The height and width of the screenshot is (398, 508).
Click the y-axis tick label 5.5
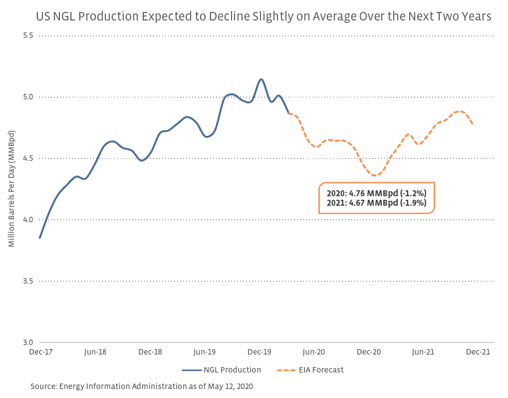27,36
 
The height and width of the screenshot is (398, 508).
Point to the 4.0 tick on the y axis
27,220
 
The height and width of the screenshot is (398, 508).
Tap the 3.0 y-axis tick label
27,343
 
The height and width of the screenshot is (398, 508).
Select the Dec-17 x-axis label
40,352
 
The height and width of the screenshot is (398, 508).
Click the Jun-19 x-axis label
205,352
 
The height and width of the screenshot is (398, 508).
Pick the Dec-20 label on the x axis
369,352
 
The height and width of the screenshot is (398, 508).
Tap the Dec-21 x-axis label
478,352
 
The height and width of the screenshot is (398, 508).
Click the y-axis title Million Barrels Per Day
11,188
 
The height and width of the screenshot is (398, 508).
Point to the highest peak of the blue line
261,79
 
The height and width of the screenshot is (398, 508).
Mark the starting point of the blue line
40,238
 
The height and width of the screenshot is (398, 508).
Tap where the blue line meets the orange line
288,113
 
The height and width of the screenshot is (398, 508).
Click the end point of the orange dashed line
473,124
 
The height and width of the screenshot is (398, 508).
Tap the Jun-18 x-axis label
95,352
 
